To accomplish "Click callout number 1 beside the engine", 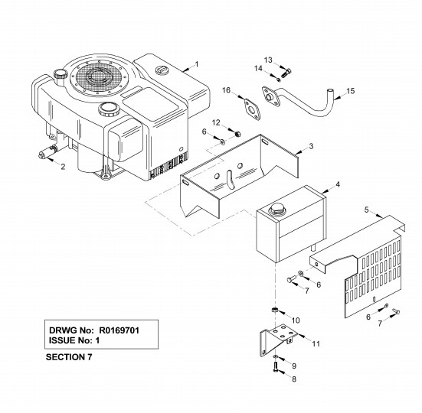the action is pos(197,64).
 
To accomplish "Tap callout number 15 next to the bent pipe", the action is pos(351,91).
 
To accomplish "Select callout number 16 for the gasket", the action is pos(226,90).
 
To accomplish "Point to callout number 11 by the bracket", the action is pos(316,343).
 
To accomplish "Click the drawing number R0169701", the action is pos(119,330).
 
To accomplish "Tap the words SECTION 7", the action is pos(69,357).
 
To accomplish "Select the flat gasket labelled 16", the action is pos(252,109).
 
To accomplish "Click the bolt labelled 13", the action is pos(286,72).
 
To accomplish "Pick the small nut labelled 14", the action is pos(279,80).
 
